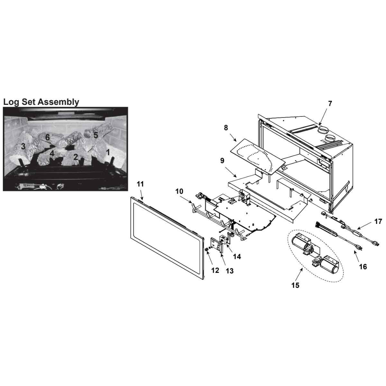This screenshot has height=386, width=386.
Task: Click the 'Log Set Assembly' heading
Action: (41, 102)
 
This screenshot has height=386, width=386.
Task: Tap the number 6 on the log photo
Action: (47, 137)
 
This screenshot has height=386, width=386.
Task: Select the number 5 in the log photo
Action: (96, 135)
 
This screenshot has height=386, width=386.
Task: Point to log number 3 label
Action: (23, 146)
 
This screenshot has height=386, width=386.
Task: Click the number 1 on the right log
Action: (108, 153)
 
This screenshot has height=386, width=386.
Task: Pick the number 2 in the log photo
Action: (76, 157)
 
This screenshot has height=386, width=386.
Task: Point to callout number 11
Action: (140, 184)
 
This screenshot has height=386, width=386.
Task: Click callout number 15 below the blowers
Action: (295, 285)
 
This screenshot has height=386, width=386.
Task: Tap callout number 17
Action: (378, 222)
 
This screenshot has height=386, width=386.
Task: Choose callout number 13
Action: (230, 271)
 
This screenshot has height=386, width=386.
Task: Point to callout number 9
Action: (222, 161)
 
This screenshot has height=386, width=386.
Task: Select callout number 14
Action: (237, 257)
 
